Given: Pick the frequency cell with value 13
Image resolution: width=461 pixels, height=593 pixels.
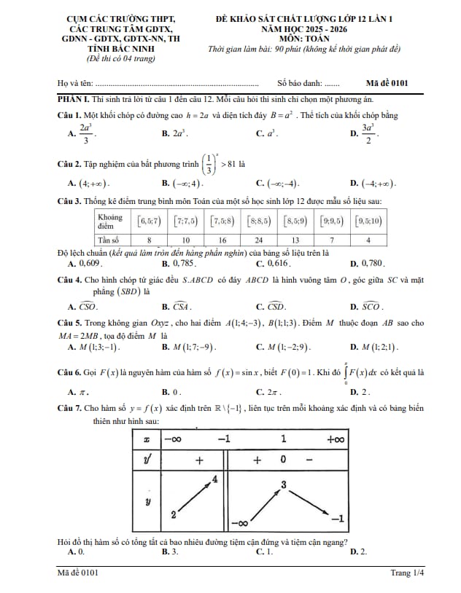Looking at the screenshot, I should pos(295,240).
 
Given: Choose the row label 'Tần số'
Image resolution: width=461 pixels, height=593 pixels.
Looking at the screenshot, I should pos(109,240).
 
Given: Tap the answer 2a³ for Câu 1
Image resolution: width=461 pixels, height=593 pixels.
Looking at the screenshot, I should pos(179,134).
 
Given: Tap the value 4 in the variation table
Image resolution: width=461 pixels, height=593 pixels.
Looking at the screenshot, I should pos(215,479).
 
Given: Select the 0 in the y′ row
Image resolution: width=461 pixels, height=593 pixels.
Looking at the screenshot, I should pos(283,460).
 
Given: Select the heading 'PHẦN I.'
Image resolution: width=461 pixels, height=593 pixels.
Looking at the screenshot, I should pos(73,98).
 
